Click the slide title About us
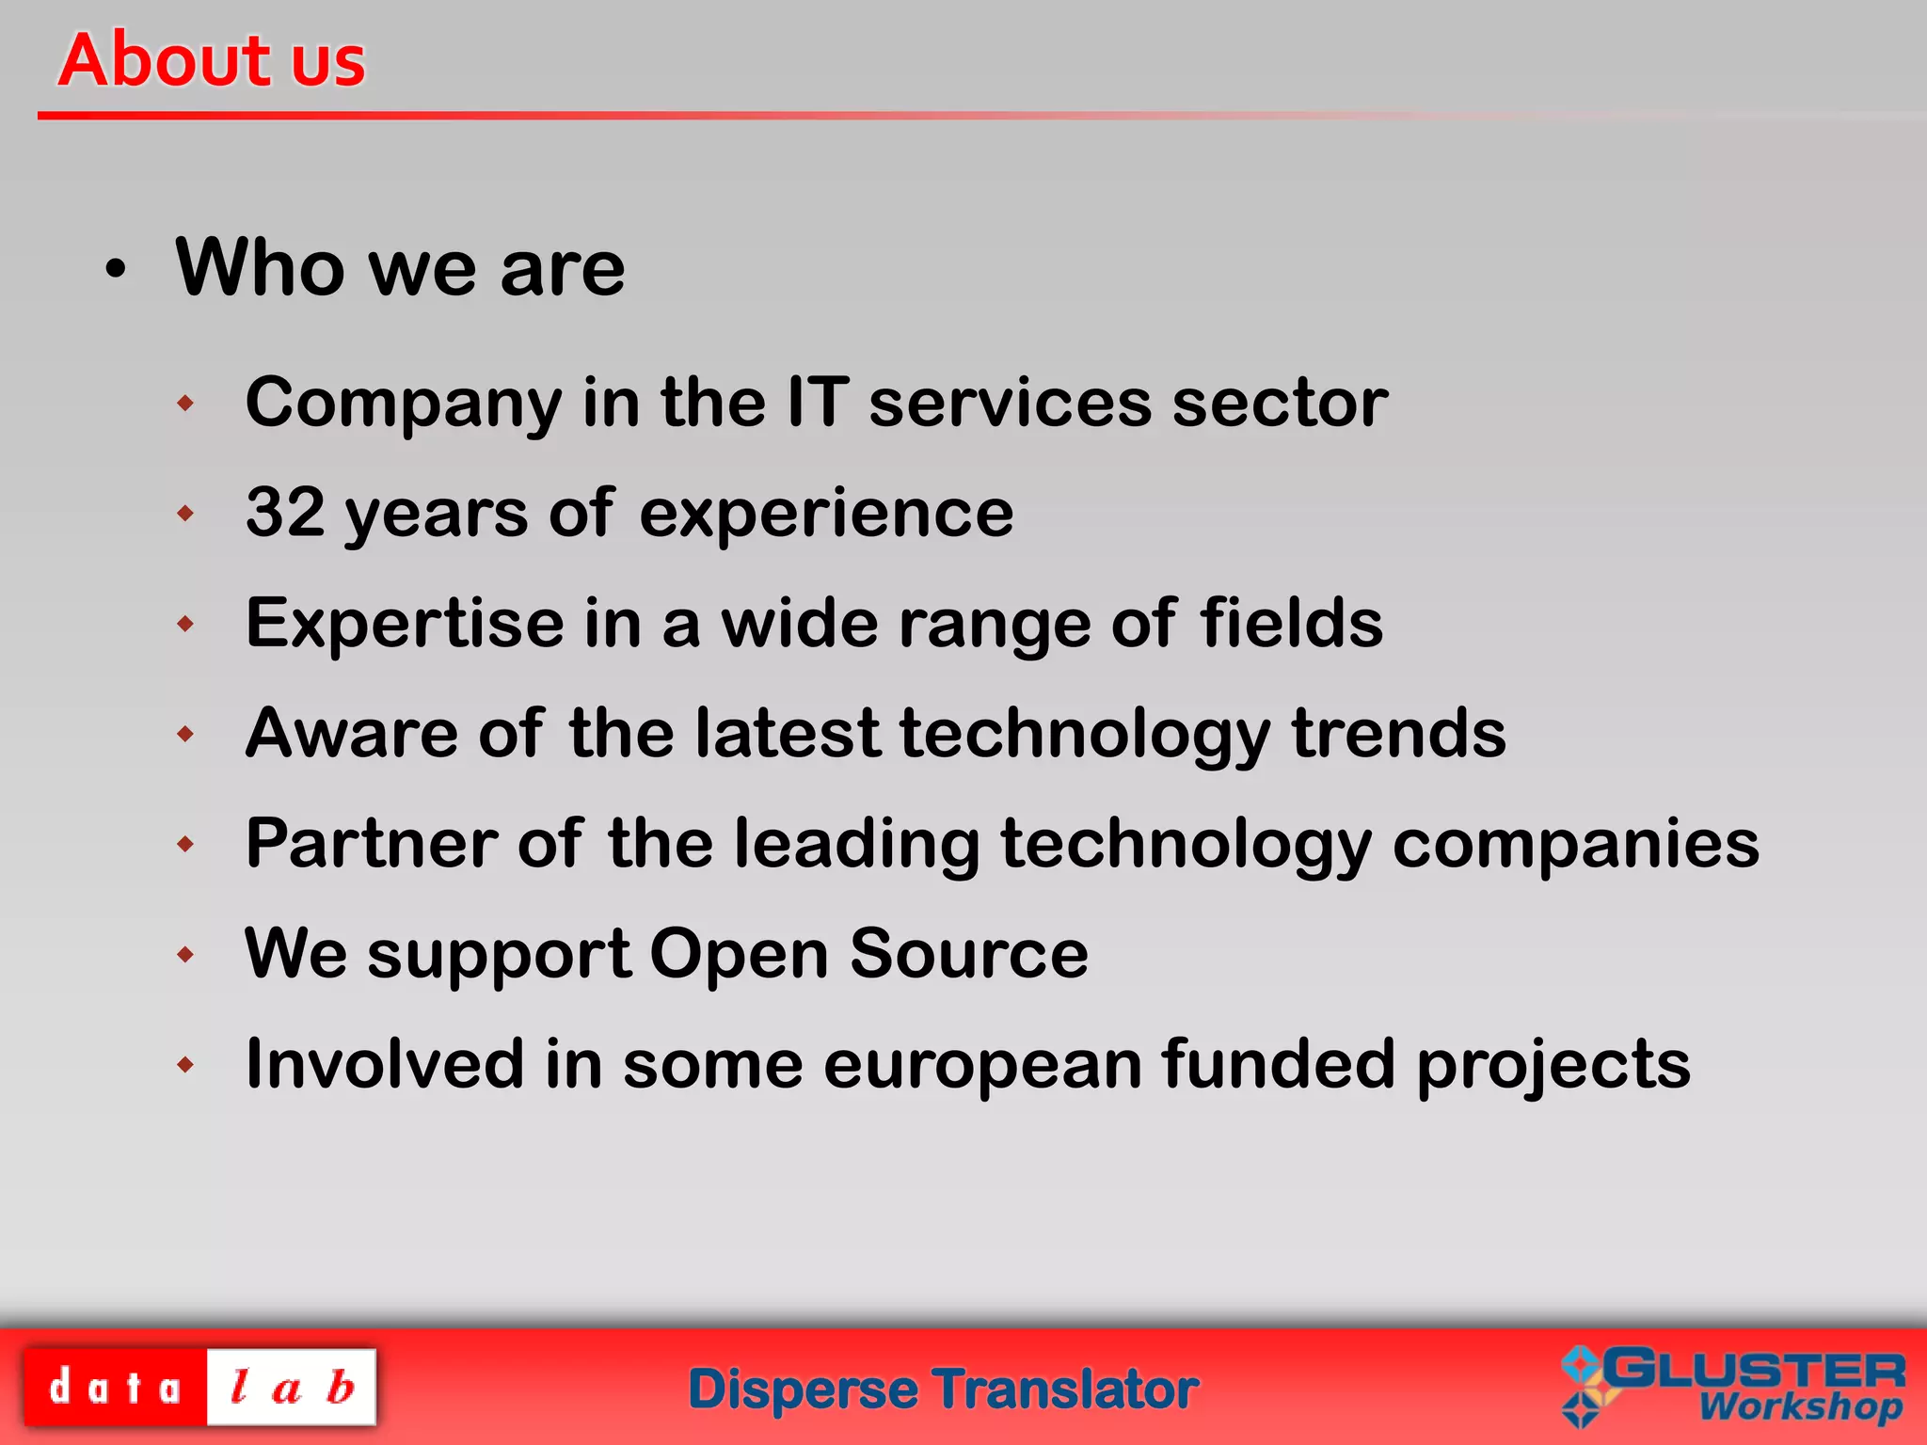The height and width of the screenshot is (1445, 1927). [212, 59]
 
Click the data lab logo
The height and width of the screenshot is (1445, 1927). [199, 1387]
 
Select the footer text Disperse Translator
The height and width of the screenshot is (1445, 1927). [944, 1389]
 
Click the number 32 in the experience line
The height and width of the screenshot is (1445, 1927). [285, 512]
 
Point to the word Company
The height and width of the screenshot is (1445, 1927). [403, 404]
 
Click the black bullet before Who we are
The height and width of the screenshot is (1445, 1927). [115, 270]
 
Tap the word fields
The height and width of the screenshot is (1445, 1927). [1290, 623]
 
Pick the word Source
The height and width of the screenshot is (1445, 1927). [968, 953]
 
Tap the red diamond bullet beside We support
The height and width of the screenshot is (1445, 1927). [185, 955]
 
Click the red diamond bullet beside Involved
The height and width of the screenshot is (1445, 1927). [185, 1065]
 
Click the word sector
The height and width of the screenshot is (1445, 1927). [1280, 404]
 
